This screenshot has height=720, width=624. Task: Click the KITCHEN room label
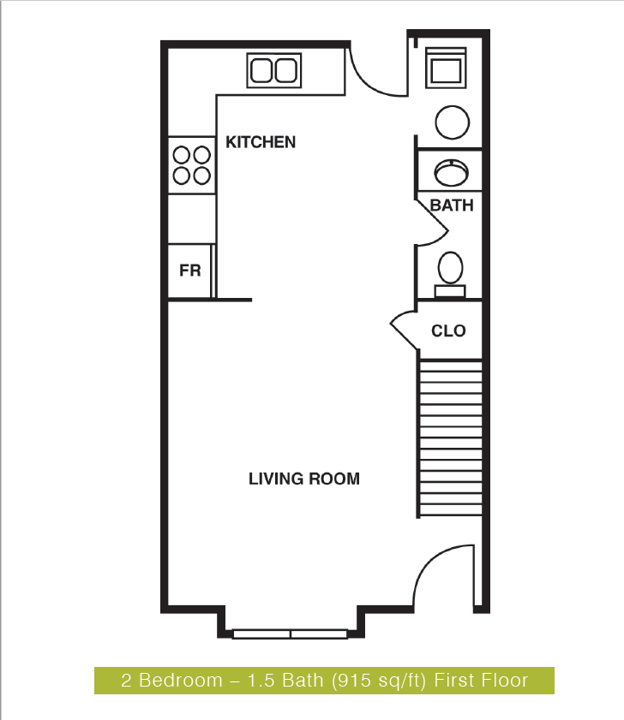(261, 142)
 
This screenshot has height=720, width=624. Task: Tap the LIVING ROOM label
(304, 479)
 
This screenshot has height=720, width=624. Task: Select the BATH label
(452, 205)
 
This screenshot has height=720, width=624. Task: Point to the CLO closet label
(448, 330)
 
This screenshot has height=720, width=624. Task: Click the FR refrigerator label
(189, 271)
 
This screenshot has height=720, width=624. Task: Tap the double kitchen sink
(274, 69)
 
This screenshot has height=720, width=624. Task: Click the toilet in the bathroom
(451, 273)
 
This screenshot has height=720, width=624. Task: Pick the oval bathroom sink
(452, 173)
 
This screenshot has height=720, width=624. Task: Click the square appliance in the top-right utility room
(447, 68)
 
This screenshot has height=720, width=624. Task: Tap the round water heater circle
(453, 122)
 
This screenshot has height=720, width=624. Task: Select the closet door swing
(402, 330)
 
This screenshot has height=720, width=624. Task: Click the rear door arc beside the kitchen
(374, 74)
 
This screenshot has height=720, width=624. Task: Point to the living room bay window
(291, 634)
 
